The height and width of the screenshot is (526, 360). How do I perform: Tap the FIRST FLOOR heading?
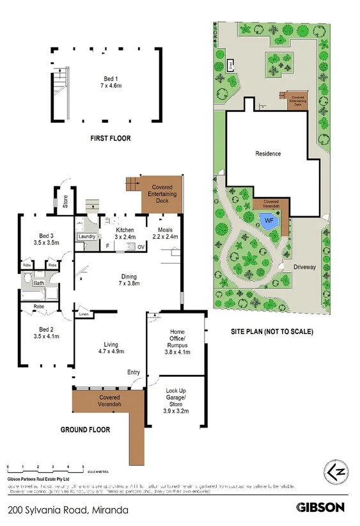[106, 138]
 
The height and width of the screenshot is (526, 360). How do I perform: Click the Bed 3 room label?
[45, 239]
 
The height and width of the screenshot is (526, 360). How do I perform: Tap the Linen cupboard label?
[84, 314]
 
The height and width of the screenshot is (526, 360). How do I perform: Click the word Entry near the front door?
[134, 372]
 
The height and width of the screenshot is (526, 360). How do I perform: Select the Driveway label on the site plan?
[306, 265]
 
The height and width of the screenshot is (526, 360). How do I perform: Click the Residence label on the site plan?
[268, 154]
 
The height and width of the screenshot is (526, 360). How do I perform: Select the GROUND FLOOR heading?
[85, 430]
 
